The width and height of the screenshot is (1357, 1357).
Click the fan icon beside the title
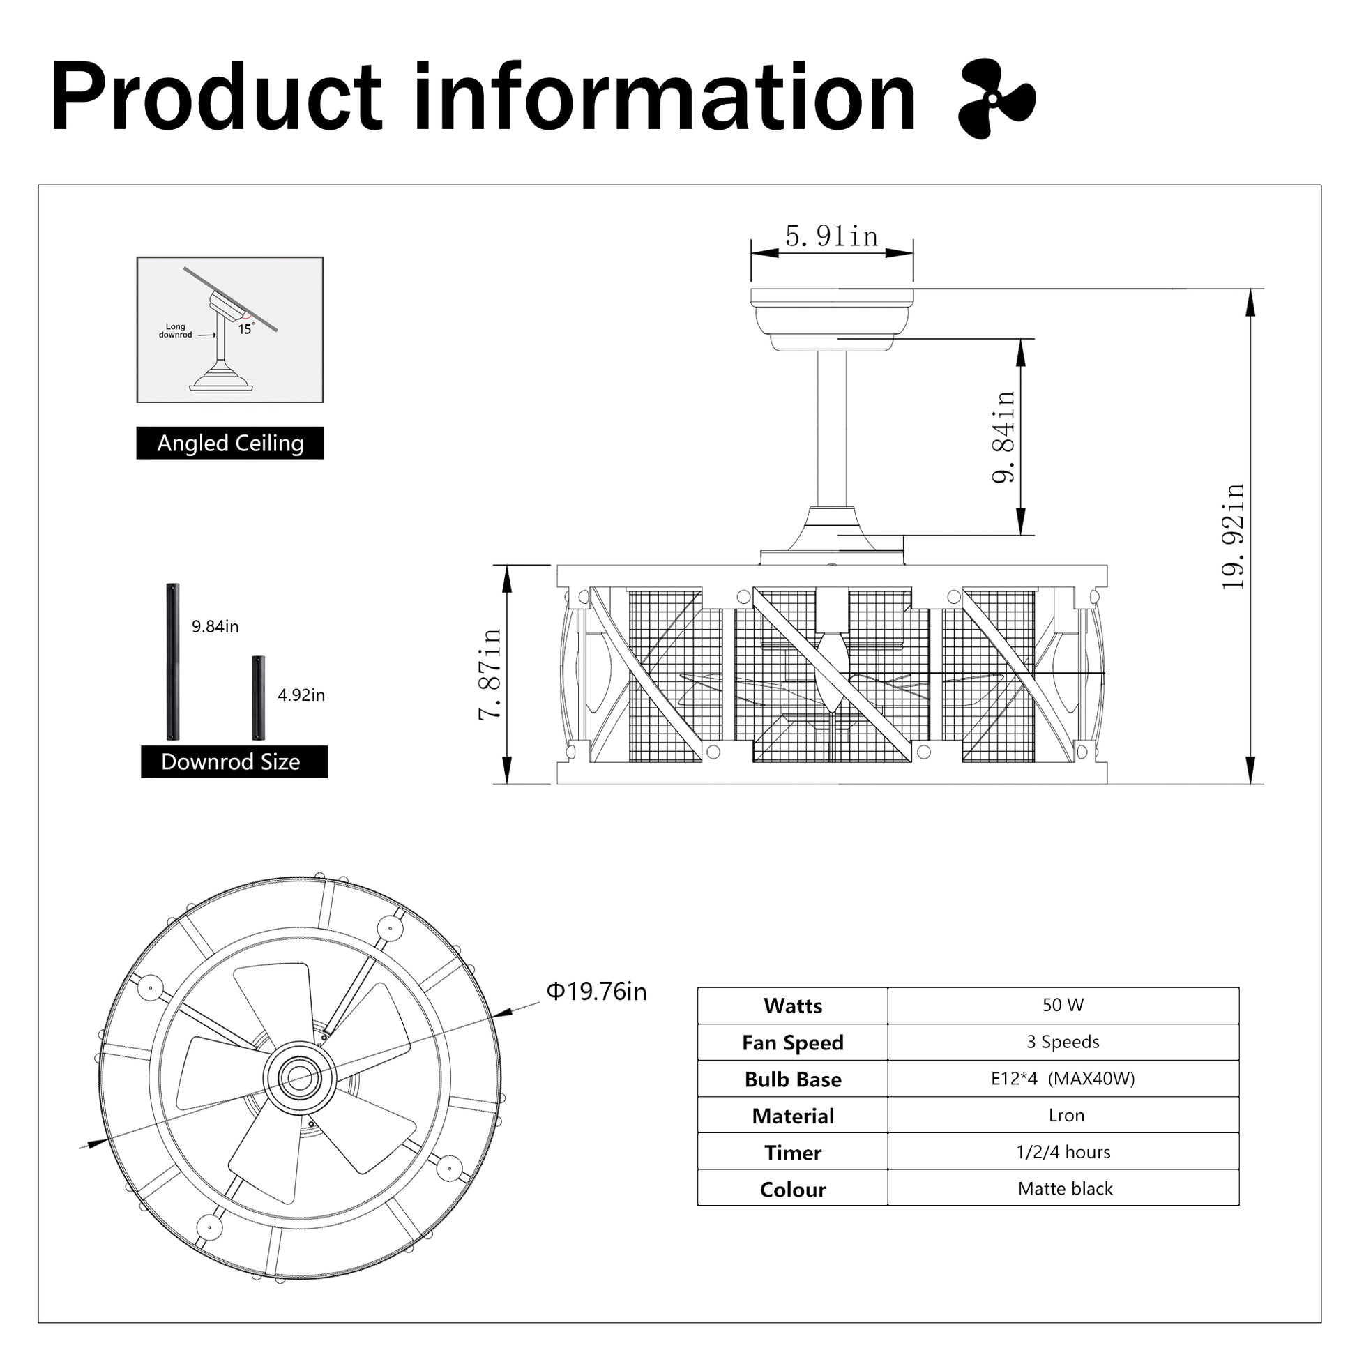pos(996,99)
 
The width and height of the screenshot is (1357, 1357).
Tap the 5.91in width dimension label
pos(832,236)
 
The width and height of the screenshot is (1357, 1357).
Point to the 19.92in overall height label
pos(1234,537)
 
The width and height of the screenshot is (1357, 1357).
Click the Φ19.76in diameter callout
pos(596,992)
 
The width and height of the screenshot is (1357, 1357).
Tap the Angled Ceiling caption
pos(229,444)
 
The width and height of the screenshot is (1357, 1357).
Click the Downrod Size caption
pos(230,762)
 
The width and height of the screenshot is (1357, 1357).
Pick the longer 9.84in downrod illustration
pos(172,662)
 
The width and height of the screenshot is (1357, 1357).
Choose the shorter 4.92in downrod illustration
pos(259,697)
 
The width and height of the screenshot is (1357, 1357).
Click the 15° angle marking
pos(245,328)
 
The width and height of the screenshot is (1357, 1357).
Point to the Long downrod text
pos(176,331)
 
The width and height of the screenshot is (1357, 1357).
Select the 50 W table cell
pos(1063,1005)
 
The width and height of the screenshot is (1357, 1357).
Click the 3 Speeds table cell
pos(1063,1042)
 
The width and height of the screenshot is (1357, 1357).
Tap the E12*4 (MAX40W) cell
pos(1063,1079)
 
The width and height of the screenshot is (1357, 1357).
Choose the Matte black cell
pos(1065,1188)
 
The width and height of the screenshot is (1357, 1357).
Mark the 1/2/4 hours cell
pos(1063,1152)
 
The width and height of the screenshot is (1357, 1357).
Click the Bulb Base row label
pos(793,1079)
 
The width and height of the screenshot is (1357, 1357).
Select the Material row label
pos(793,1116)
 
